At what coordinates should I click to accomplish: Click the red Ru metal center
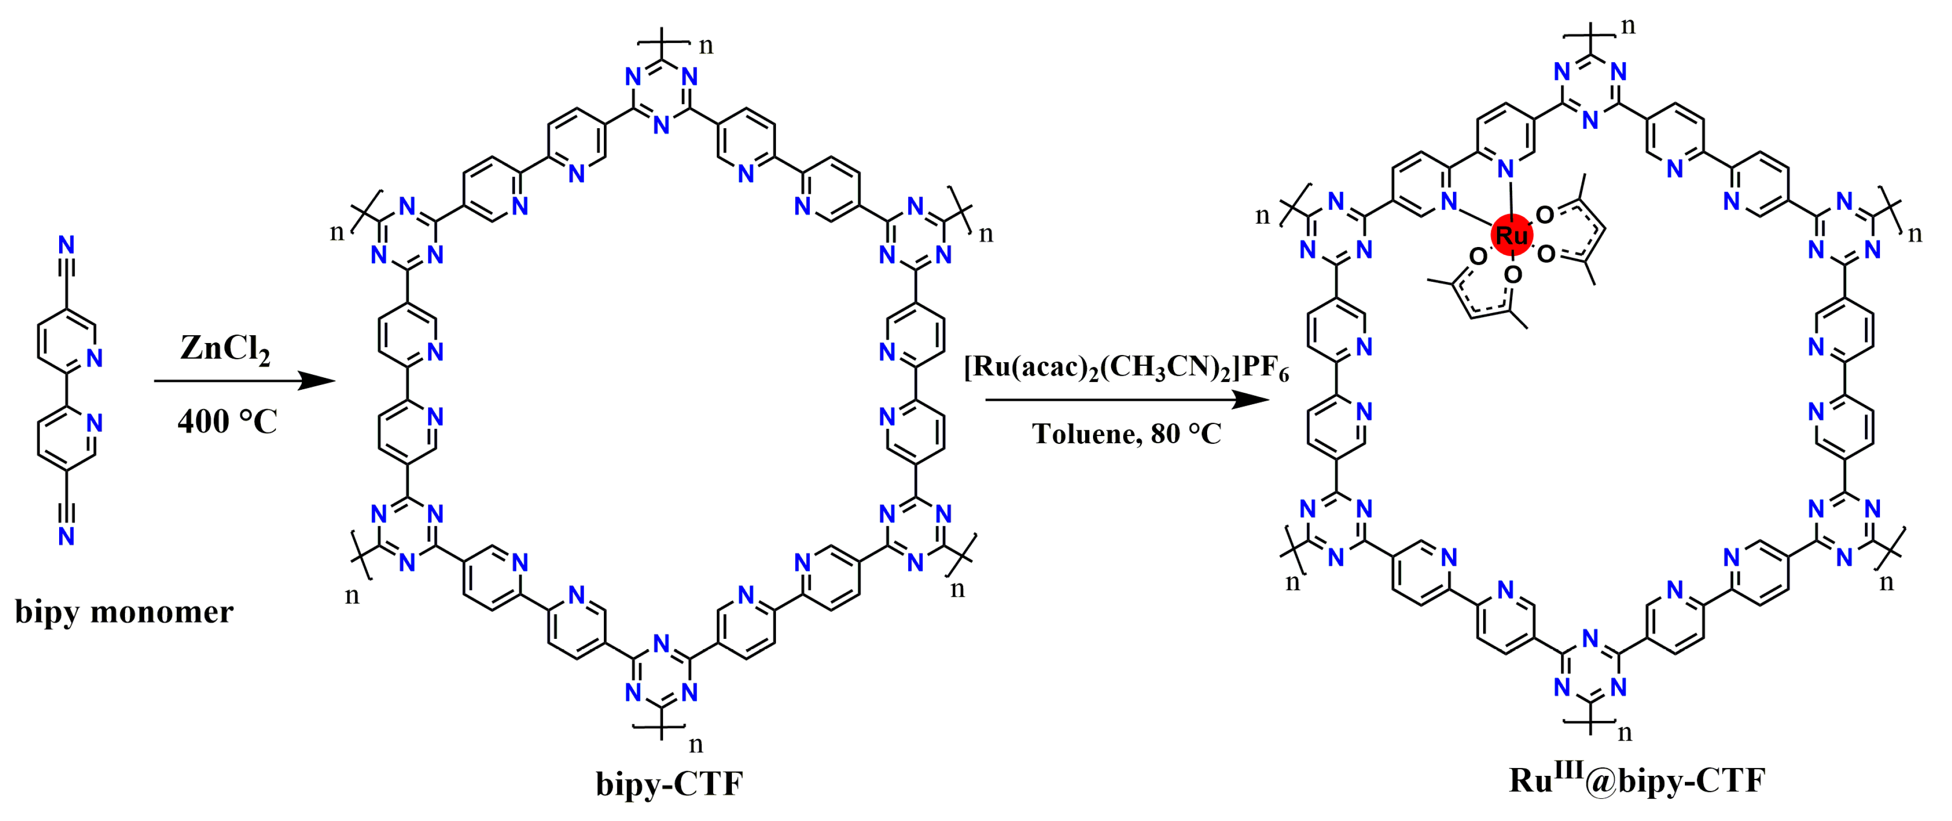pos(1511,235)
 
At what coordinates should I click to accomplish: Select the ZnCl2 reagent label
pos(225,349)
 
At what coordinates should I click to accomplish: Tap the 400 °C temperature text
pos(227,421)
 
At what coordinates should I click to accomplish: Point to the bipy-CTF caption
pos(669,784)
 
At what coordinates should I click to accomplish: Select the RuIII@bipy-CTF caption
pos(1637,780)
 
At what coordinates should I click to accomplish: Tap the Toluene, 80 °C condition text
pos(1126,434)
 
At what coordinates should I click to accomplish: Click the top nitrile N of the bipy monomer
pos(67,245)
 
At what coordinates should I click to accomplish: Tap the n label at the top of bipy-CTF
pos(705,46)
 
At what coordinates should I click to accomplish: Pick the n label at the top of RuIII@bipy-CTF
pos(1628,26)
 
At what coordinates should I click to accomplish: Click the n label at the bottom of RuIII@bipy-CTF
pos(1625,733)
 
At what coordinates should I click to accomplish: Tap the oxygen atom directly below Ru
pos(1513,275)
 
